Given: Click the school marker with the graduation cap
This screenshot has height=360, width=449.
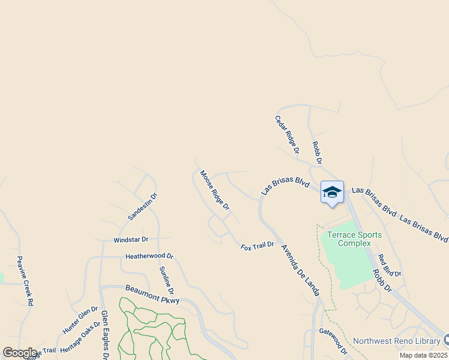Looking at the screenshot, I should click(332, 193).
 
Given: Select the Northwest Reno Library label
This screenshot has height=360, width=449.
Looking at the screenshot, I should click(396, 341).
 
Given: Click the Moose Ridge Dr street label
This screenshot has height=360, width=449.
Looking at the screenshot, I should click(215, 190).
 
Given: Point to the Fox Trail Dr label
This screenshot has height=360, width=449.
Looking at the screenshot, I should click(258, 245).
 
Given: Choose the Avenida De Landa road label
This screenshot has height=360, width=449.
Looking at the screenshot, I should click(300, 269).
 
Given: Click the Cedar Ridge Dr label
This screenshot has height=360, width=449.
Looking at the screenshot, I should click(287, 135).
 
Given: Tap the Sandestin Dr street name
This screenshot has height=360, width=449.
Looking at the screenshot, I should click(142, 206).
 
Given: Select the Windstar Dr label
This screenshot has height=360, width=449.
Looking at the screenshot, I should click(130, 240).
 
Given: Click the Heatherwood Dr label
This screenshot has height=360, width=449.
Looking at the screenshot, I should click(149, 256).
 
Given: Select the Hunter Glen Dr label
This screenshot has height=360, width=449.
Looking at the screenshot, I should click(80, 320).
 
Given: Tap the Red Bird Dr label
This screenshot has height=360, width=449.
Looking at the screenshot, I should click(389, 266).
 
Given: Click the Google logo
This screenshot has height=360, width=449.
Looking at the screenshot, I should click(20, 353).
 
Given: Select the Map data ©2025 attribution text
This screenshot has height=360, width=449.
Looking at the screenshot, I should click(423, 355).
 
